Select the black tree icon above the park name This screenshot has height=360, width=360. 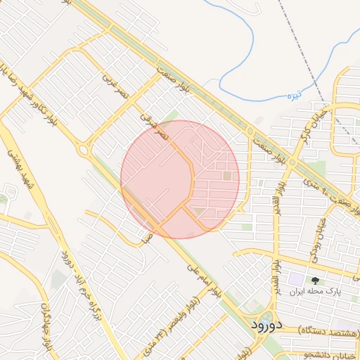(x=314, y=280)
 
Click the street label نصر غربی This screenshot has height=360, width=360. (x=114, y=86)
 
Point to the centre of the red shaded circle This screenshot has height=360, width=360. (x=180, y=179)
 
